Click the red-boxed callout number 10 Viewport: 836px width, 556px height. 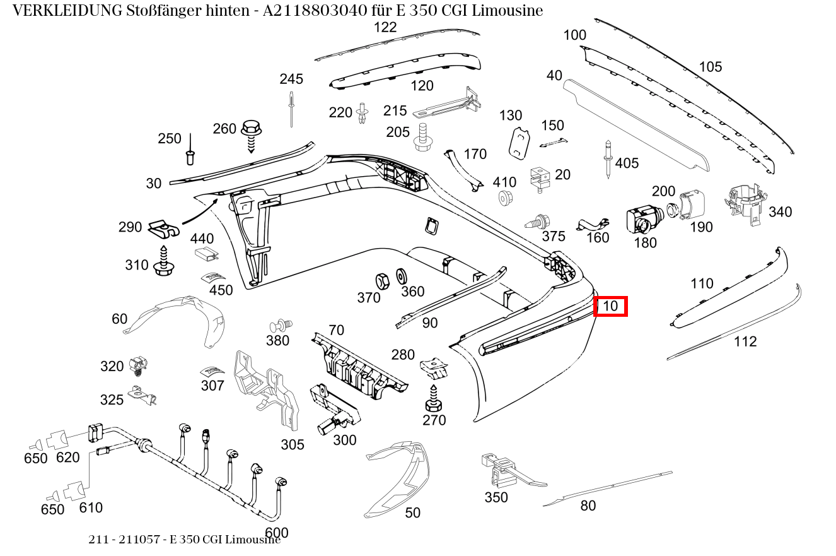click(610, 307)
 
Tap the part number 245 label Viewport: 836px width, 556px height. click(291, 79)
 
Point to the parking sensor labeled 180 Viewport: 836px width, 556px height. click(642, 219)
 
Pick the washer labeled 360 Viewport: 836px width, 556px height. click(400, 276)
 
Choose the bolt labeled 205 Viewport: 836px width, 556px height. click(422, 137)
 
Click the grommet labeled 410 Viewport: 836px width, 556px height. click(504, 198)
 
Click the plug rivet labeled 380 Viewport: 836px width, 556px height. click(279, 326)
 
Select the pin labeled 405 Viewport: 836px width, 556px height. click(608, 159)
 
